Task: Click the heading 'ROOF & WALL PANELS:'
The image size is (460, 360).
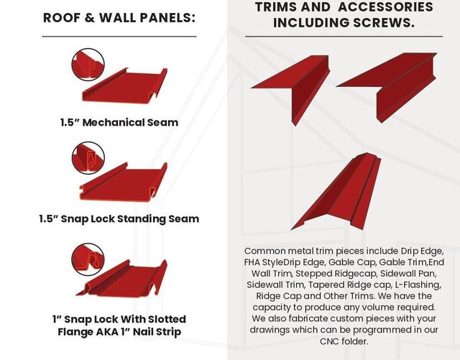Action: tap(119, 17)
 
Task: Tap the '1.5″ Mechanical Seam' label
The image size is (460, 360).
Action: tap(119, 122)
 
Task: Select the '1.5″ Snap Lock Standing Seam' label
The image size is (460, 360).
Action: tap(119, 218)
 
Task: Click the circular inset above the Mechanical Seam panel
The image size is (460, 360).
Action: tap(88, 63)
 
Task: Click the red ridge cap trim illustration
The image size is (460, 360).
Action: tap(338, 190)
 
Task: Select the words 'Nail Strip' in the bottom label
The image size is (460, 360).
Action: tap(160, 332)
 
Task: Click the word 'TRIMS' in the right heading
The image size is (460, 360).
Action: tap(276, 7)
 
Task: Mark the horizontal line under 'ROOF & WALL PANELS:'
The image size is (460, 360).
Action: tap(119, 36)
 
